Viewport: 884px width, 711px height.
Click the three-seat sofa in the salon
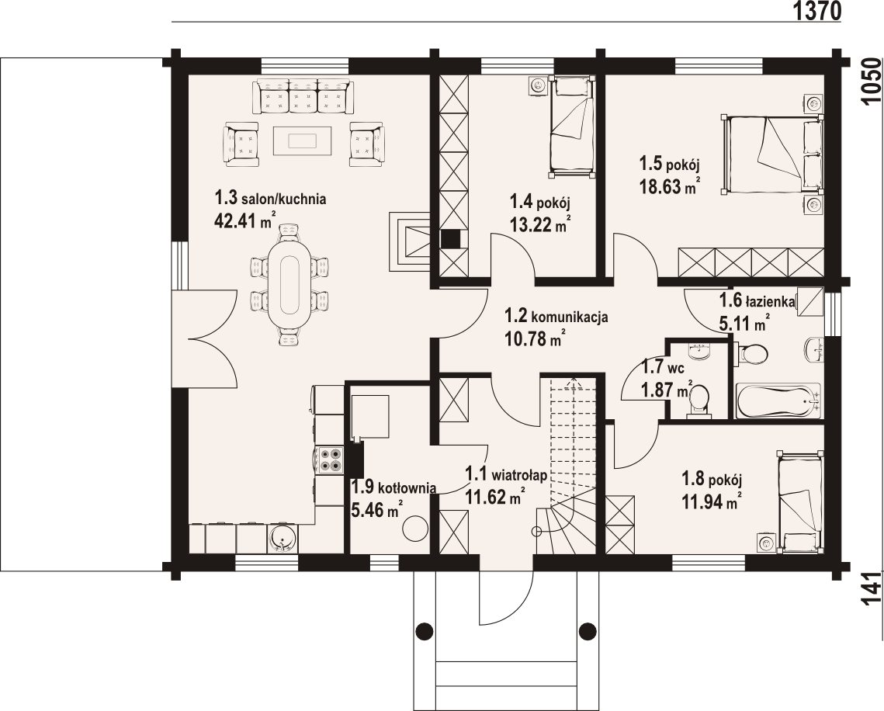click(x=304, y=97)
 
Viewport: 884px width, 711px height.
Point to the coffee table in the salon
click(x=303, y=140)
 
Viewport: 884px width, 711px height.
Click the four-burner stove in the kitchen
click(x=330, y=460)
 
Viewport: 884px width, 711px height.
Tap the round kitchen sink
click(x=282, y=538)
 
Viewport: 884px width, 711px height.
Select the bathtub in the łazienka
click(x=778, y=401)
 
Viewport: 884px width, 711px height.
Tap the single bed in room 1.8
click(x=799, y=502)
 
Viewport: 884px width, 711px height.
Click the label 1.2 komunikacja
click(x=556, y=316)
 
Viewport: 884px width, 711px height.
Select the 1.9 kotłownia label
click(x=393, y=487)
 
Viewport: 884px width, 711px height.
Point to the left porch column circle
click(x=424, y=629)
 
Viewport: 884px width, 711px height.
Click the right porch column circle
click(x=588, y=629)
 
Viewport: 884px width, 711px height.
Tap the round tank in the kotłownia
click(x=415, y=529)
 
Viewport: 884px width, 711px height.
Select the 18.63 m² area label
click(x=670, y=186)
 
